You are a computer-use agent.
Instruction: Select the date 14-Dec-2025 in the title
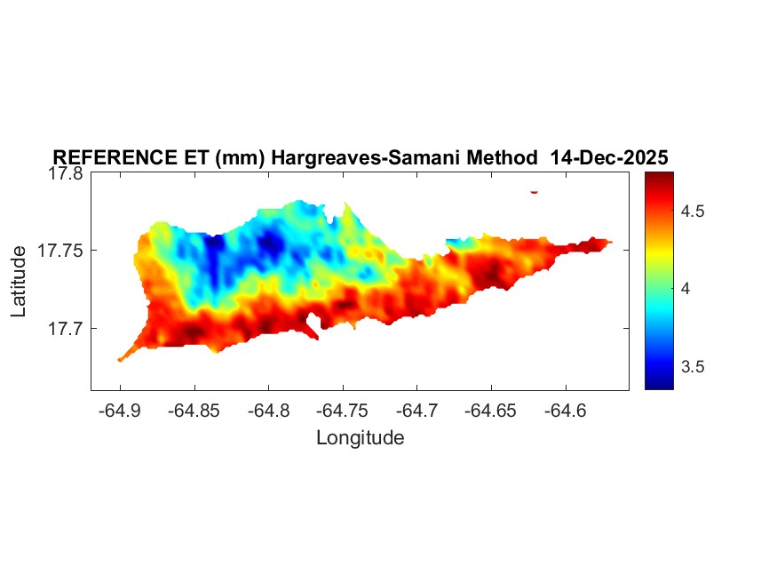point(609,157)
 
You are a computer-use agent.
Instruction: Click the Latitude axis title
point(19,282)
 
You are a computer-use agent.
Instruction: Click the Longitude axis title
point(360,437)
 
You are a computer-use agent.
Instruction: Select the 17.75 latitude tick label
point(59,251)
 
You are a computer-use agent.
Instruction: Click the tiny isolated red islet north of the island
point(535,191)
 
